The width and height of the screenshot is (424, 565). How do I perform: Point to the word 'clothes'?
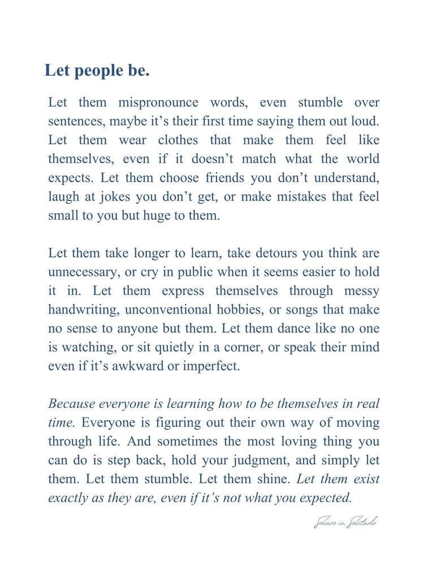point(178,140)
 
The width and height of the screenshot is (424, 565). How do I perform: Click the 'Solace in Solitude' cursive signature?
point(345,522)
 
